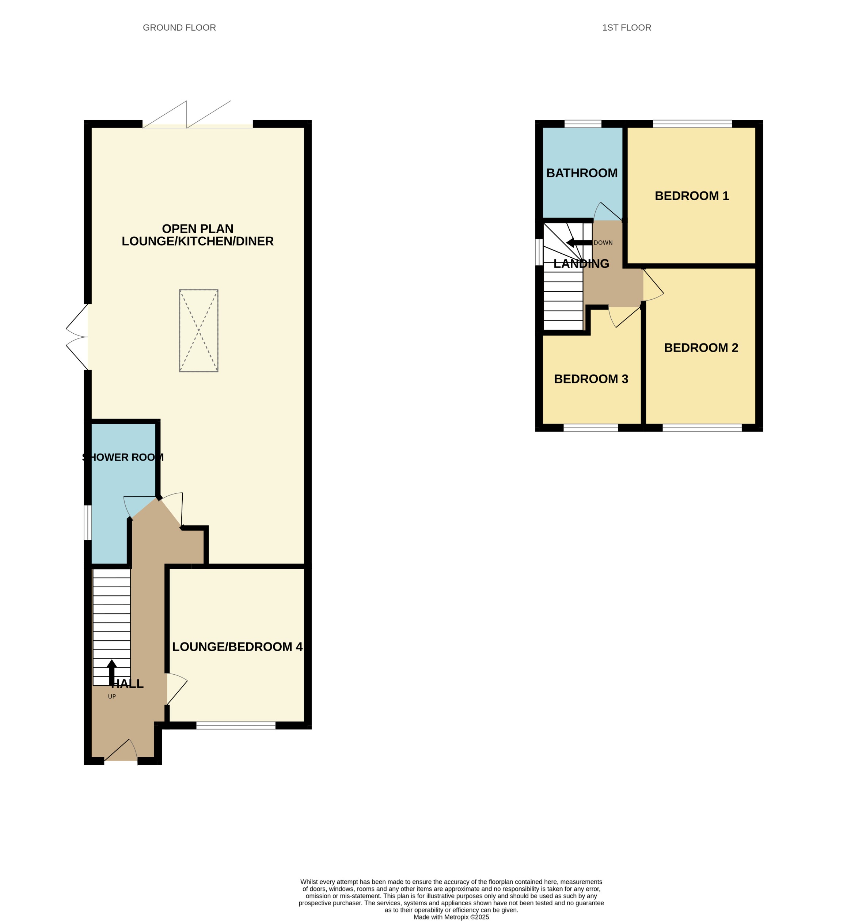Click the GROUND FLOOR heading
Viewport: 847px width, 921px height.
tap(179, 27)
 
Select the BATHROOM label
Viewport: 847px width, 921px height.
tap(582, 173)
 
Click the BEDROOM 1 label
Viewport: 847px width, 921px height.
tap(691, 196)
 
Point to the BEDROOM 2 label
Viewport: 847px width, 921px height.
tap(701, 348)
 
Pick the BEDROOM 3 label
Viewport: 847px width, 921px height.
tap(591, 379)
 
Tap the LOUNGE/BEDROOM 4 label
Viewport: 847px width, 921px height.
tap(237, 647)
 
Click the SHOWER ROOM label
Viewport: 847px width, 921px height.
tap(123, 457)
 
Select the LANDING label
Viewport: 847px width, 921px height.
tap(581, 264)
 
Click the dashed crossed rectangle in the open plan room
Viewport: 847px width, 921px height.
tap(198, 330)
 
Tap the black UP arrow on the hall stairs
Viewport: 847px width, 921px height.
tap(112, 672)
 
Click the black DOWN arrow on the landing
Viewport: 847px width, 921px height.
tap(579, 243)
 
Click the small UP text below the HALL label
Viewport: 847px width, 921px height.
tap(112, 696)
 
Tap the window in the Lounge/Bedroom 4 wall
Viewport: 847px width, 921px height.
tap(236, 725)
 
